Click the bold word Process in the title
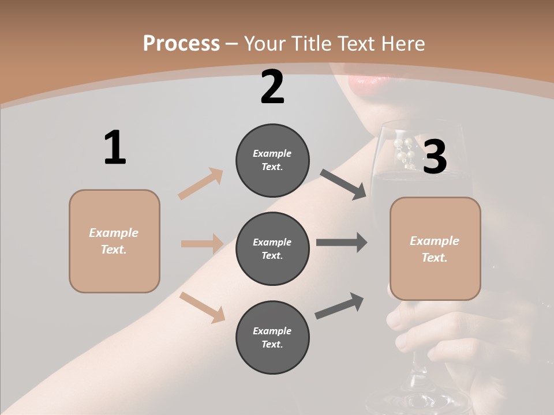181,43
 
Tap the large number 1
115,148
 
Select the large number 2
272,87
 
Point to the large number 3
435,157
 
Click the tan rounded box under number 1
114,241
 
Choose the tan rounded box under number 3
435,248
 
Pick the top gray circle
272,160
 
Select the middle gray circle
272,248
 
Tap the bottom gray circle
272,337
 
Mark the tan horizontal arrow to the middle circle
202,244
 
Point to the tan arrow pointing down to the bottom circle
202,307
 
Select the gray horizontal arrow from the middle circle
342,243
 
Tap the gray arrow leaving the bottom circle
339,306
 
